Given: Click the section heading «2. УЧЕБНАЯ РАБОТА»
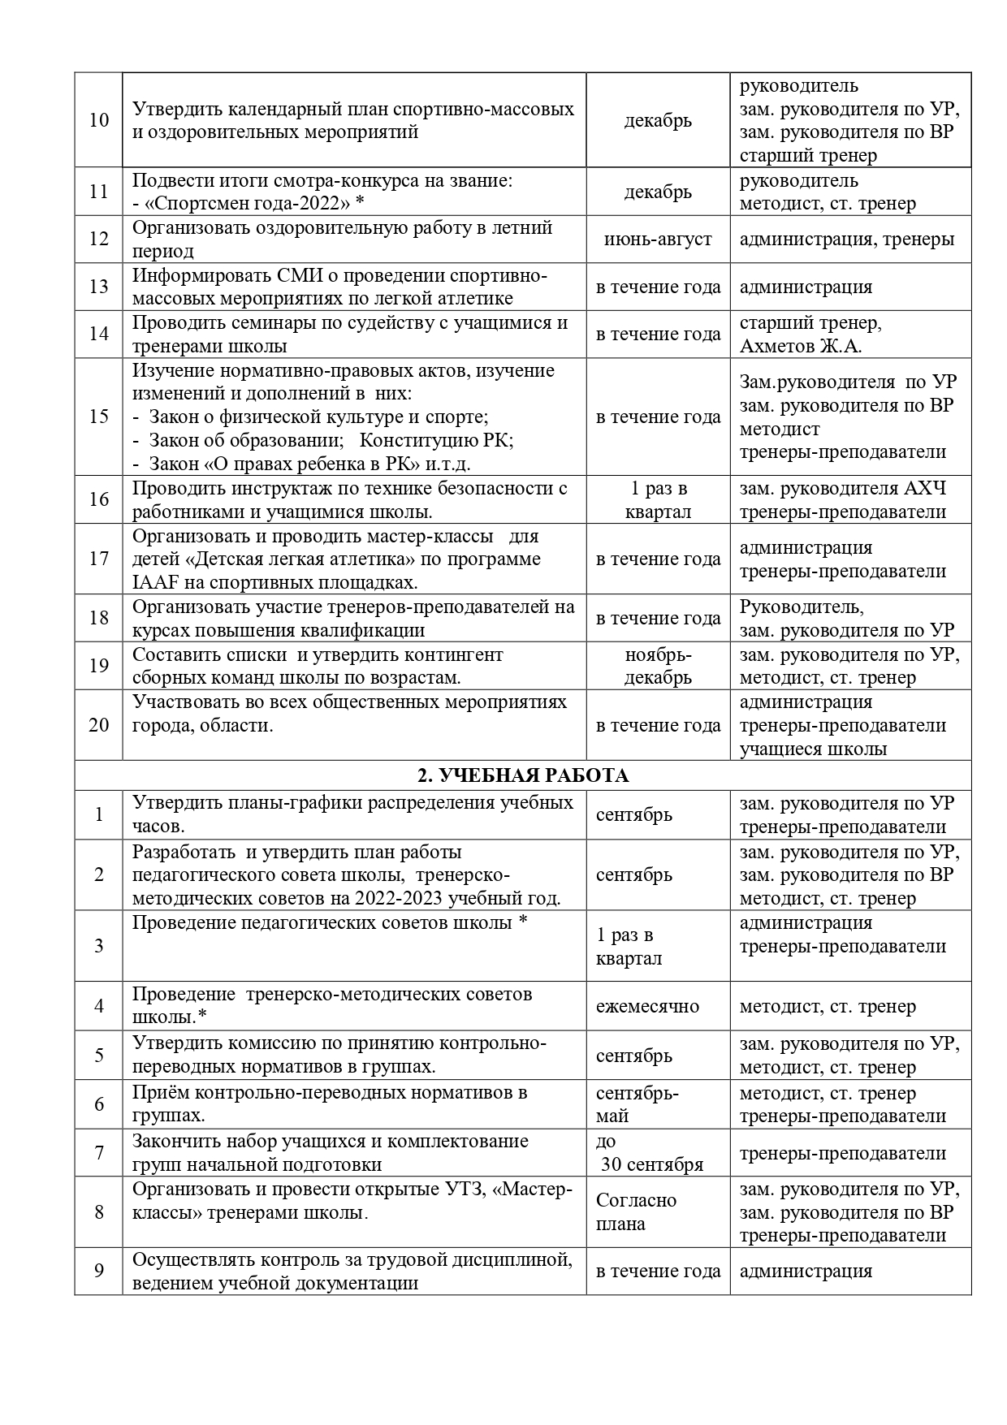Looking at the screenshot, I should point(522,775).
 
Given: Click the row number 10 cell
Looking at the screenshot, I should point(98,120).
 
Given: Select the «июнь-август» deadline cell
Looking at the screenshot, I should point(658,240).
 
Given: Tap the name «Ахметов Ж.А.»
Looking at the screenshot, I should point(800,347).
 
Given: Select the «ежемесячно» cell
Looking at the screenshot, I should point(647,1006).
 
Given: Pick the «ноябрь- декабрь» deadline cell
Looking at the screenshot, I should point(658,666).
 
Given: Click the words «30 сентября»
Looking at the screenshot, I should point(652,1164).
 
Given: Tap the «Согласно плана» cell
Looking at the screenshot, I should point(636,1211).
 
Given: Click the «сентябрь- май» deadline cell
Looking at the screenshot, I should point(637,1104).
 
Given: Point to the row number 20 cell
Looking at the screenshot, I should point(98,725).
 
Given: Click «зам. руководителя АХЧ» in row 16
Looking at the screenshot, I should point(842,489).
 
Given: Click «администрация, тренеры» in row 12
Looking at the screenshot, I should point(847,240).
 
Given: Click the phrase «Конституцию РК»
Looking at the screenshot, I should point(436,440).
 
